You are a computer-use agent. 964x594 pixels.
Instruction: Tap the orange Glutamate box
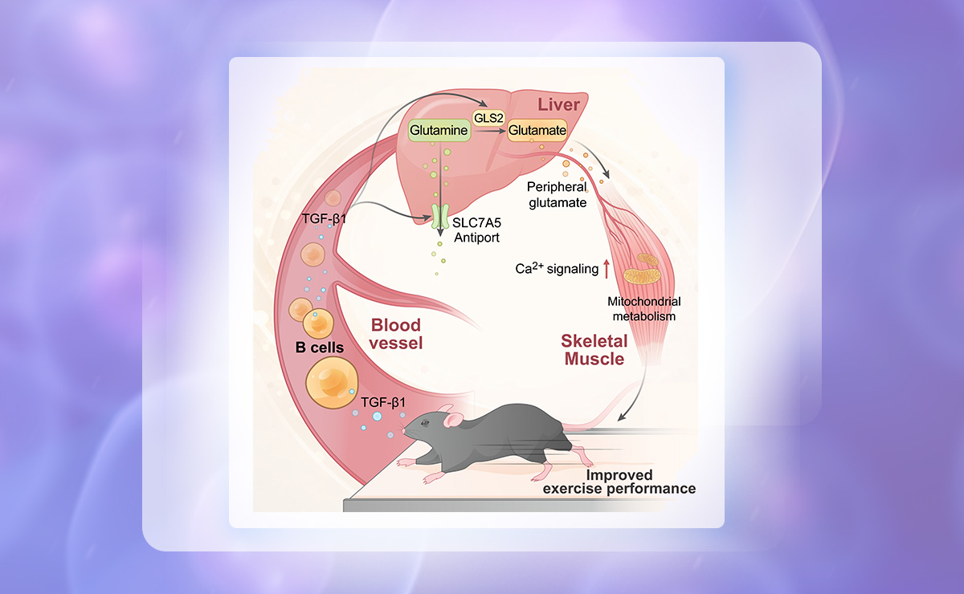click(537, 129)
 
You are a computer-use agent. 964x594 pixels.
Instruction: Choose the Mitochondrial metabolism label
click(643, 308)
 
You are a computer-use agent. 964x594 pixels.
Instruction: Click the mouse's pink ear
click(454, 420)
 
